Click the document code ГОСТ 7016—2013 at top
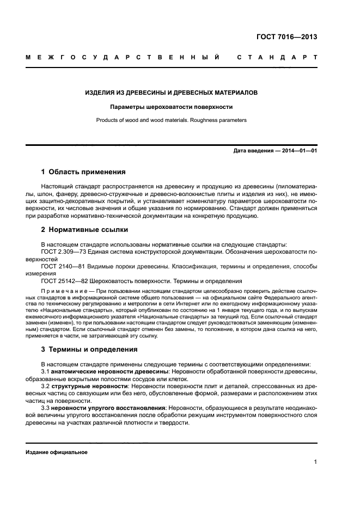[x=286, y=38]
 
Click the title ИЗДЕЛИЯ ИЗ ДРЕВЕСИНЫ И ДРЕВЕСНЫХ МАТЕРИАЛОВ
[x=172, y=93]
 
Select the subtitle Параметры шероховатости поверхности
[x=172, y=107]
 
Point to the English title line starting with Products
[x=172, y=120]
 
